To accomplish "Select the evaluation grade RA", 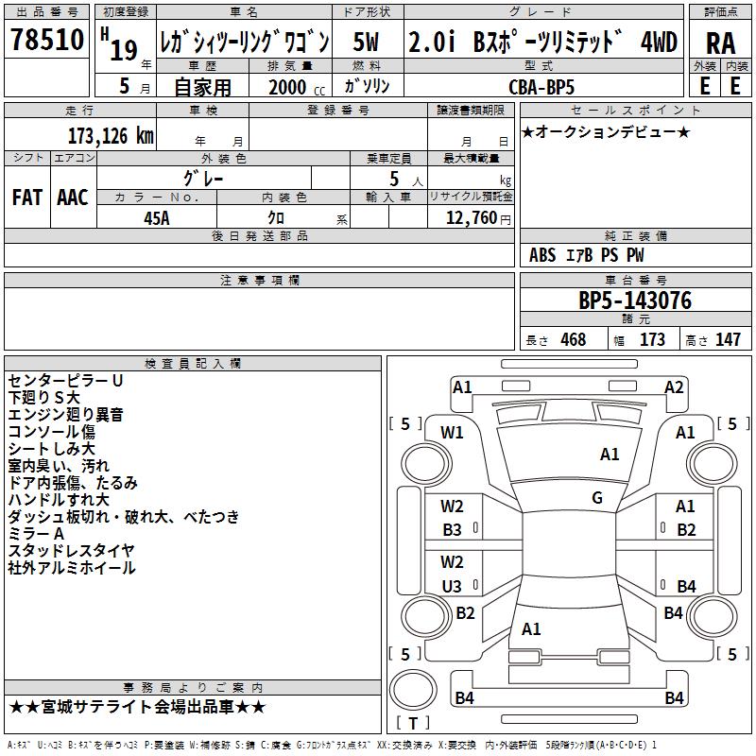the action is point(720,43).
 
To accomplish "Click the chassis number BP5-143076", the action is point(635,301).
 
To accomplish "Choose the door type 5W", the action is point(368,42).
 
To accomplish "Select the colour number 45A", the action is point(157,218).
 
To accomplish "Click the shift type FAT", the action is point(27,198).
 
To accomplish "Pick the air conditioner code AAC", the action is point(72,198).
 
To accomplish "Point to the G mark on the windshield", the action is point(597,498).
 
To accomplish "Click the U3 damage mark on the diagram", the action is point(453,586).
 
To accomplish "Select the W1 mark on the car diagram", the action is point(453,433).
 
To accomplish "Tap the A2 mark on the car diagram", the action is point(674,387).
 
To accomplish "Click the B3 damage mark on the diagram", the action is point(453,530).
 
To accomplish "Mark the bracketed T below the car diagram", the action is point(412,723).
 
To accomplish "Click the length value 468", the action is point(573,340).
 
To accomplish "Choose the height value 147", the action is point(728,340).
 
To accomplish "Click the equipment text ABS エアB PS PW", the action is point(588,255).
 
